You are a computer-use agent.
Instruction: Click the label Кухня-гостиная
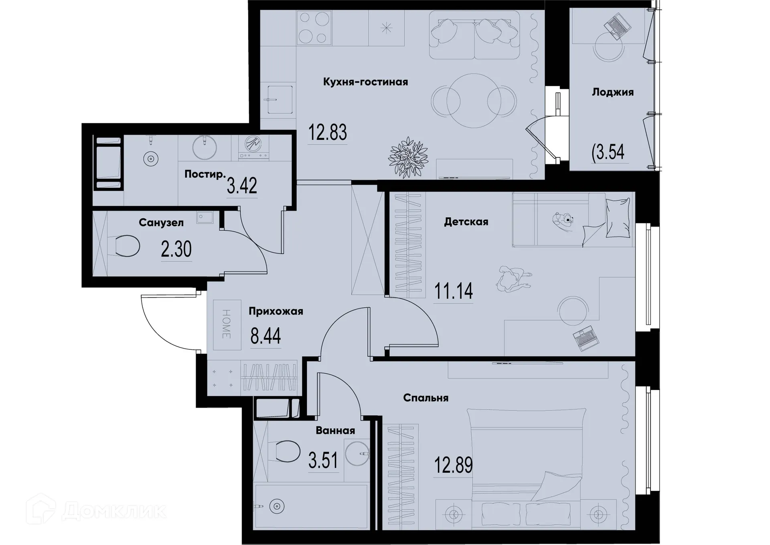pyautogui.click(x=365, y=82)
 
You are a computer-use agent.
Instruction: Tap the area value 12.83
pyautogui.click(x=327, y=133)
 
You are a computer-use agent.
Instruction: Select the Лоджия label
pyautogui.click(x=612, y=92)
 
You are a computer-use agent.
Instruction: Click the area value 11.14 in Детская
pyautogui.click(x=453, y=291)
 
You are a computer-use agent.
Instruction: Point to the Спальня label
pyautogui.click(x=426, y=398)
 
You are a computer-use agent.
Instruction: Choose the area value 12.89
pyautogui.click(x=453, y=465)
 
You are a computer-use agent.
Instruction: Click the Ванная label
pyautogui.click(x=335, y=431)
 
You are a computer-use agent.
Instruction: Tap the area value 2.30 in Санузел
pyautogui.click(x=176, y=249)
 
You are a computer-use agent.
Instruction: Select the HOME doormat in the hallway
pyautogui.click(x=227, y=325)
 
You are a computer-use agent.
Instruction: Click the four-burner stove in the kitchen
pyautogui.click(x=314, y=28)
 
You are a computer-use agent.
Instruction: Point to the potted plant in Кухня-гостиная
pyautogui.click(x=408, y=157)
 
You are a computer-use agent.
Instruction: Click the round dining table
pyautogui.click(x=474, y=101)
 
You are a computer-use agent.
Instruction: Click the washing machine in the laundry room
pyautogui.click(x=253, y=148)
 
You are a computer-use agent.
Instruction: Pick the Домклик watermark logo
pyautogui.click(x=96, y=510)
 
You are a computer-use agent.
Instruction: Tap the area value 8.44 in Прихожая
pyautogui.click(x=265, y=336)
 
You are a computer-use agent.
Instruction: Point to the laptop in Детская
pyautogui.click(x=586, y=338)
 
